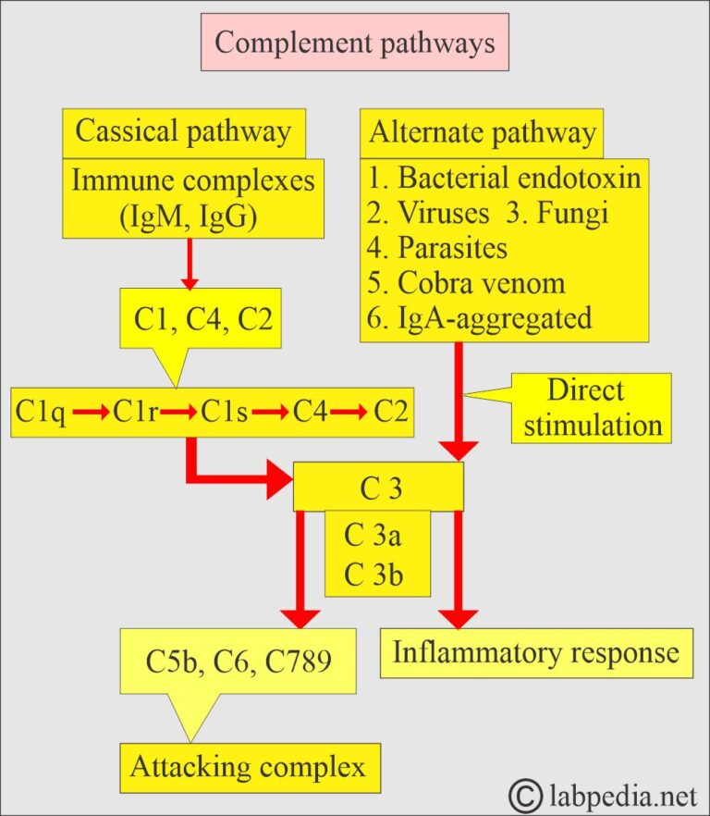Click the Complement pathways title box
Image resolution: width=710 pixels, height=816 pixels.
click(x=355, y=43)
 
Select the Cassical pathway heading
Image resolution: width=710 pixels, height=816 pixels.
click(x=182, y=131)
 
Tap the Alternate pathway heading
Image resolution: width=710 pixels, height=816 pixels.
click(x=482, y=132)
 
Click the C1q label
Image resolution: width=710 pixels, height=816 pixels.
click(x=41, y=413)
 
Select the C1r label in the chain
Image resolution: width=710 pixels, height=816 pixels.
click(x=137, y=413)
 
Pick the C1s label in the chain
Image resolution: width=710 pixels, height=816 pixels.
click(x=225, y=413)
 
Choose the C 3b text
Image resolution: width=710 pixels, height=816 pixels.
click(x=377, y=574)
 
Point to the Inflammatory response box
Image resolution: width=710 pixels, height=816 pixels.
click(x=536, y=652)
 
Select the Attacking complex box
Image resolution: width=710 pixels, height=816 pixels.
click(x=249, y=766)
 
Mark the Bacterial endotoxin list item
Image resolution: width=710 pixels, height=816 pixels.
click(x=505, y=177)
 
